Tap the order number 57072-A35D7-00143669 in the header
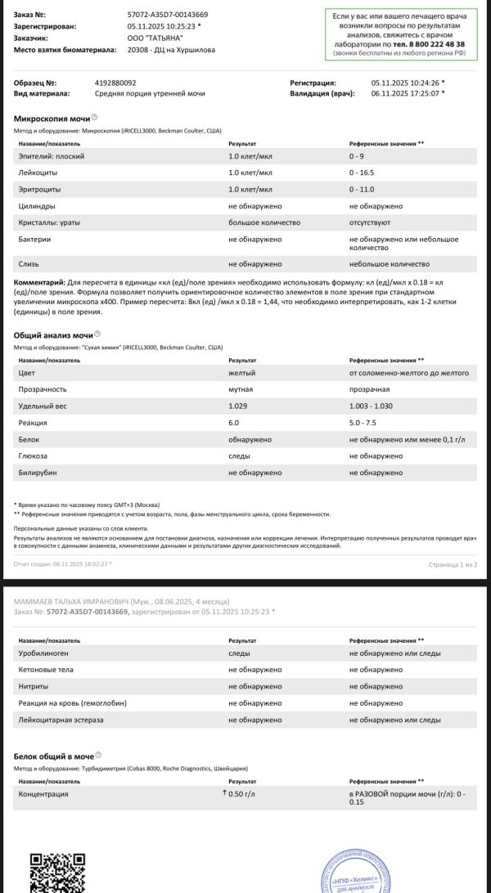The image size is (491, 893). tap(168, 15)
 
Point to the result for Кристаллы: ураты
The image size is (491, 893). tap(264, 222)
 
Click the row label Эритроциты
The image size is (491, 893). tap(38, 189)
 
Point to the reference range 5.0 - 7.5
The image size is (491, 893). tap(364, 423)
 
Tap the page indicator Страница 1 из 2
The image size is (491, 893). tap(453, 564)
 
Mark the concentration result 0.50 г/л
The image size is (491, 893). tap(242, 794)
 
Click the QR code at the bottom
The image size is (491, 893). tap(57, 873)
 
